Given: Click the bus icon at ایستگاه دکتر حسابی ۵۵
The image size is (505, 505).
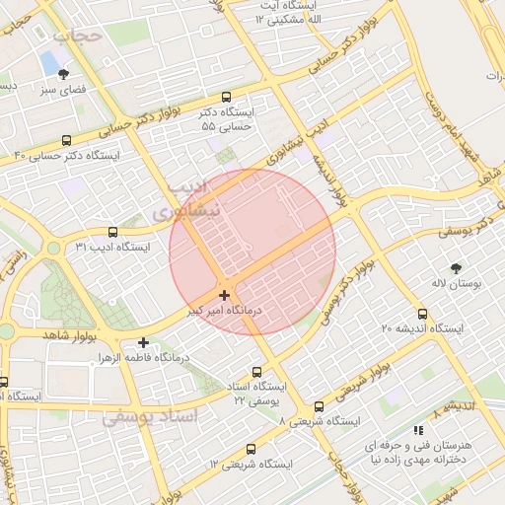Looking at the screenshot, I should (x=227, y=98).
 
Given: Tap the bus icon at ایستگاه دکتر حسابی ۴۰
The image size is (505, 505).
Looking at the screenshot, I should (x=66, y=141).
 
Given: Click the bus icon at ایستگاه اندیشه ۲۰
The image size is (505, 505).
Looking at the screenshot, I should (x=423, y=315).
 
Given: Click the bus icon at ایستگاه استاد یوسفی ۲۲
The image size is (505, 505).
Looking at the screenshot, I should (x=257, y=373).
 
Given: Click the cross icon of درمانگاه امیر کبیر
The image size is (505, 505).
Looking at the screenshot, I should (x=225, y=295).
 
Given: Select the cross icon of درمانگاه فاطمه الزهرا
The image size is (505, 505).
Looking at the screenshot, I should (x=144, y=342).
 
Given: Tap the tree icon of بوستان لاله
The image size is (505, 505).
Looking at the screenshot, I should (x=455, y=267).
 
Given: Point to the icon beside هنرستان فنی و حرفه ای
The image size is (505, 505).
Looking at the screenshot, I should (x=418, y=430).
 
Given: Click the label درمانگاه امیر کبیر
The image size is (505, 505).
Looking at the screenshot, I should (x=223, y=311).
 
